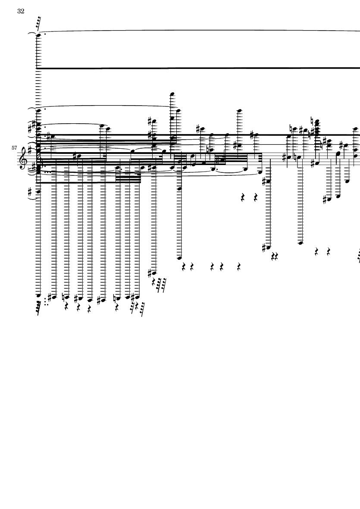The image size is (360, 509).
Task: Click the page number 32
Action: click(x=21, y=11)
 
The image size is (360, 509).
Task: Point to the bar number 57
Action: click(x=15, y=148)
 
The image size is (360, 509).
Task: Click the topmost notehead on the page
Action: click(x=38, y=35)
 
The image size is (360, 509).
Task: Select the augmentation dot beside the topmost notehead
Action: click(x=45, y=34)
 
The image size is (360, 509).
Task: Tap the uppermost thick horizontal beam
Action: click(x=198, y=68)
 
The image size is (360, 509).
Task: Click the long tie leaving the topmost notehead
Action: click(x=198, y=31)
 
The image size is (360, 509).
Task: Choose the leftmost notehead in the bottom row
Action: click(x=38, y=296)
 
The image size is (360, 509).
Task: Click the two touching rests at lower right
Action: click(x=275, y=257)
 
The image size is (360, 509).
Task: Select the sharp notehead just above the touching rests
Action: click(x=269, y=247)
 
